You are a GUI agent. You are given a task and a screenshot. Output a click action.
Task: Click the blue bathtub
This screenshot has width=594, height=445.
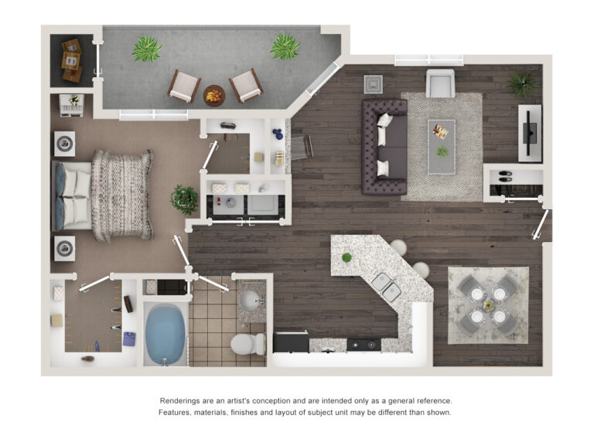(x=165, y=334)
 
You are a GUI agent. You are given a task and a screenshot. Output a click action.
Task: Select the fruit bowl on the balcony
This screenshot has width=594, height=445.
(x=214, y=96)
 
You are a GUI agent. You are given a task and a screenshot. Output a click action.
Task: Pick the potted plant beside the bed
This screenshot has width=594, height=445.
(x=185, y=199)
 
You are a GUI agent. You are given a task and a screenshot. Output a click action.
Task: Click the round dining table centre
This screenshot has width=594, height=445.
(x=488, y=305)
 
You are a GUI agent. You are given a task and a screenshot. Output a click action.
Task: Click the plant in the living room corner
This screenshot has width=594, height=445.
(x=522, y=83)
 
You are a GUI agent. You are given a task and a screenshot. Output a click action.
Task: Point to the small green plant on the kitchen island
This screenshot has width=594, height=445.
(x=346, y=257)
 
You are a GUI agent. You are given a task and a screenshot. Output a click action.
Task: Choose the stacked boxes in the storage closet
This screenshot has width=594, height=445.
(x=71, y=60)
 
